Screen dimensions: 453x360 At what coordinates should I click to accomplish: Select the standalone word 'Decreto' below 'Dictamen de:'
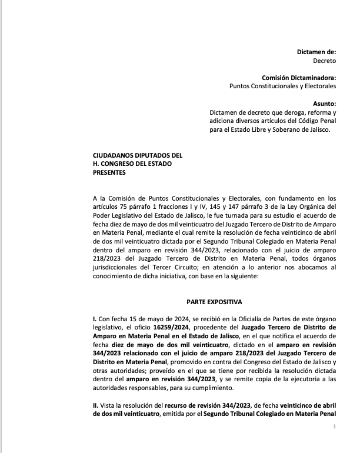click(324, 61)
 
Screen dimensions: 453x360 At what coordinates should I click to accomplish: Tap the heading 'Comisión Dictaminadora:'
click(299, 78)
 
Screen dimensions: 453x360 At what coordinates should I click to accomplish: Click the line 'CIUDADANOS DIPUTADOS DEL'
click(138, 155)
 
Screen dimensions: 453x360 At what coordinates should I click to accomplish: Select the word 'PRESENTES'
click(110, 173)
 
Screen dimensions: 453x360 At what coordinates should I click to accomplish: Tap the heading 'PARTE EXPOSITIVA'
click(214, 302)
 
